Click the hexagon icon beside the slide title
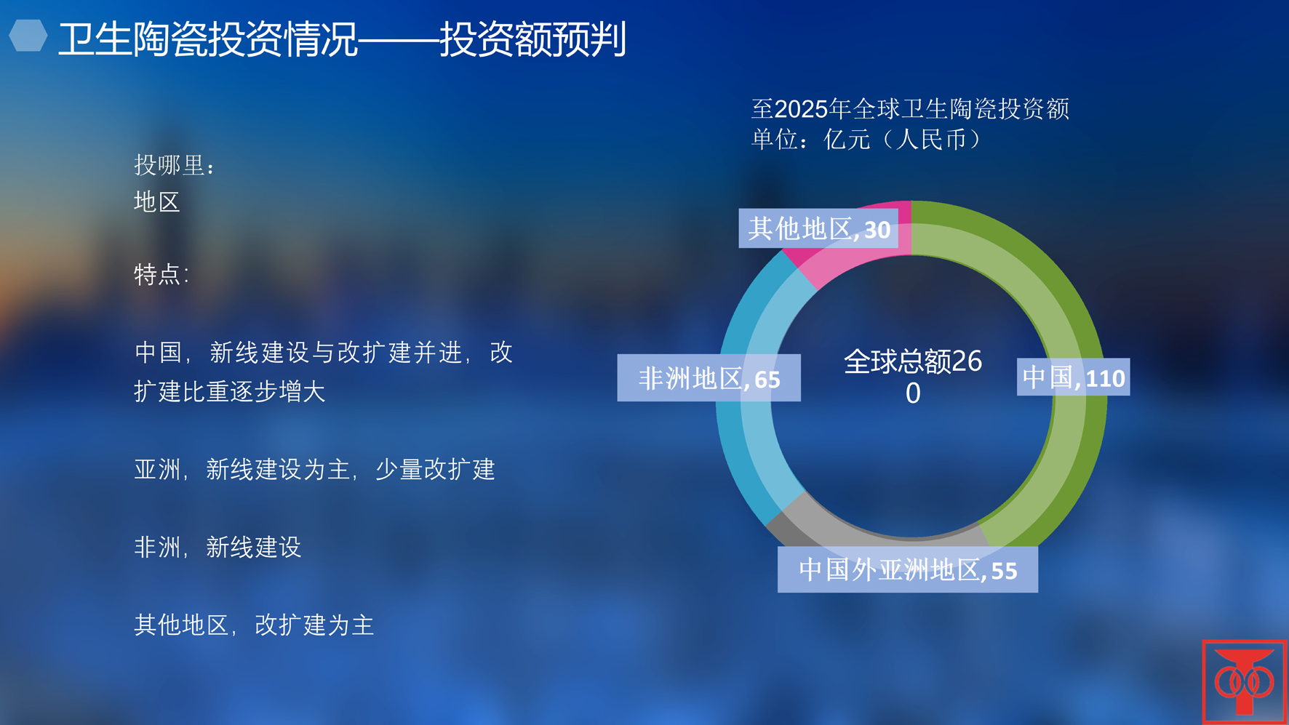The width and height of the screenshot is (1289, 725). [x=28, y=36]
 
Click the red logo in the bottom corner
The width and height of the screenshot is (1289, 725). [x=1245, y=681]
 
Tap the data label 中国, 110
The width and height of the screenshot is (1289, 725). [x=1073, y=377]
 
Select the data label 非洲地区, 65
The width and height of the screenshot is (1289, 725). [x=709, y=378]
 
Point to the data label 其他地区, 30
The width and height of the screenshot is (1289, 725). [x=818, y=228]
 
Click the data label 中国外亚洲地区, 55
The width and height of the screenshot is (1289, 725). [x=908, y=569]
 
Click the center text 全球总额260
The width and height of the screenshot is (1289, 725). [x=913, y=377]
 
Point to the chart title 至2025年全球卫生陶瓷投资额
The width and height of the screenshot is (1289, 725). [x=910, y=109]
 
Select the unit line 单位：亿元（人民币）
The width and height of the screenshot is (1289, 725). [x=866, y=139]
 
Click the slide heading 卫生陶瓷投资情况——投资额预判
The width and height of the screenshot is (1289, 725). [x=342, y=39]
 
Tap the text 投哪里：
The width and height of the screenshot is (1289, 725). [x=175, y=165]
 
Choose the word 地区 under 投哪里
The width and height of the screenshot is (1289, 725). [x=157, y=201]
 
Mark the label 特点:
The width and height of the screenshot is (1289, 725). [x=161, y=274]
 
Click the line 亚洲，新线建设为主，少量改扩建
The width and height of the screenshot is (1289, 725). [x=315, y=469]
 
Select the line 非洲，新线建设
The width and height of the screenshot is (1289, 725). [x=218, y=547]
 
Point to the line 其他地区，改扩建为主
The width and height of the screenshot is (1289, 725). [x=254, y=625]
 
